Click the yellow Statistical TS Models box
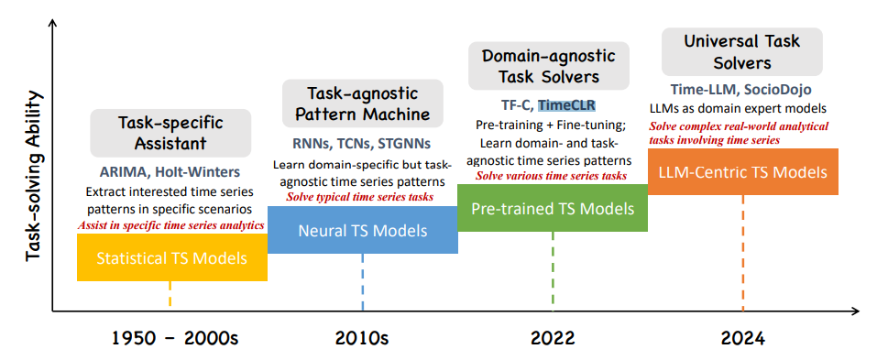172,257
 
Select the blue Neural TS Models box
362,230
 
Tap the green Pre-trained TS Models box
553,208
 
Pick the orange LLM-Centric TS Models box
743,171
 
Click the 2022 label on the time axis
554,338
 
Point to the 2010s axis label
362,338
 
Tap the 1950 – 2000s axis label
175,338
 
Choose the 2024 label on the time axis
742,338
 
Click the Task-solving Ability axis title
34,175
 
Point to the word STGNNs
404,144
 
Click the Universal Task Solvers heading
742,51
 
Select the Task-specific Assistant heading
170,133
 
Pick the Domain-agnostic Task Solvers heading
549,65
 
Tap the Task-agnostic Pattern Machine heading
362,104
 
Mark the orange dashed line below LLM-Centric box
743,253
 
